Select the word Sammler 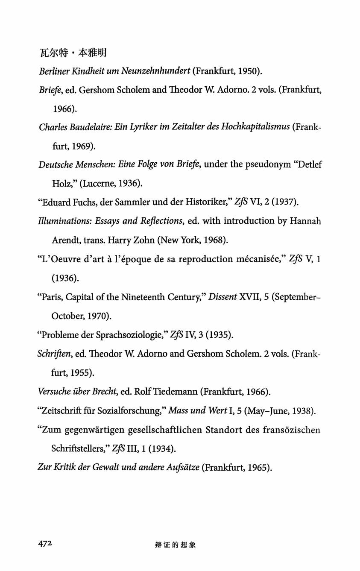[126, 202]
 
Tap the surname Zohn [142, 240]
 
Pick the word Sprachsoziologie [120, 335]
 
